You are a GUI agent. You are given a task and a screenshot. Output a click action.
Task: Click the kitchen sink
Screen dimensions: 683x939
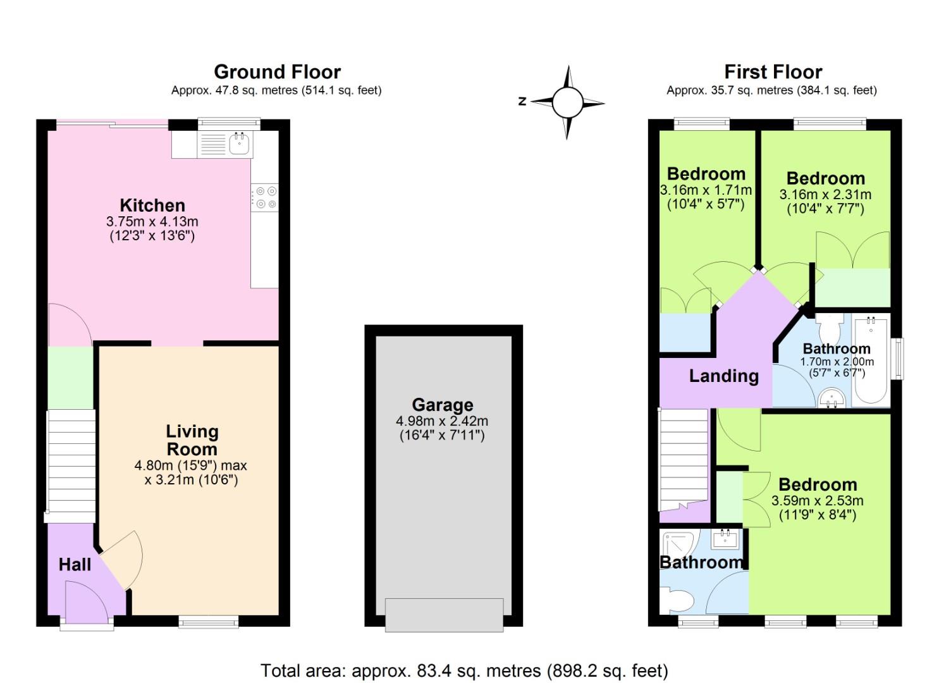(240, 144)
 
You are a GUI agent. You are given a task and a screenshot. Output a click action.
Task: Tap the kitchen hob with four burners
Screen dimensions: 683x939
(264, 196)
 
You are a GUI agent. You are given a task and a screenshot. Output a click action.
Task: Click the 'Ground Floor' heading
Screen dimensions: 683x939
(277, 71)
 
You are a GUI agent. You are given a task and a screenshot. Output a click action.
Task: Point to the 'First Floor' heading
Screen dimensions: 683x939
(773, 71)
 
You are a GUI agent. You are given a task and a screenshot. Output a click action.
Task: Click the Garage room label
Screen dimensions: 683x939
(442, 405)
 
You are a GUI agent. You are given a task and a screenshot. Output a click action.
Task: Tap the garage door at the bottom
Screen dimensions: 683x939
(445, 615)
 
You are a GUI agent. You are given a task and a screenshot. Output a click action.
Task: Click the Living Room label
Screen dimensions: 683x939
(192, 440)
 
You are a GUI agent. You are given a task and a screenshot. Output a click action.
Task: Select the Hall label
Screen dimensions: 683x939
(75, 564)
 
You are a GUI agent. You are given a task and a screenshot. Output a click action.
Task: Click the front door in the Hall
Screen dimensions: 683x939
(87, 604)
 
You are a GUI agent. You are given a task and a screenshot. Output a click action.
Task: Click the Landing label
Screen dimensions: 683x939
(723, 376)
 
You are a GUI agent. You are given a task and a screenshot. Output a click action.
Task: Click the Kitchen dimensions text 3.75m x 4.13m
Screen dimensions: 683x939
(152, 221)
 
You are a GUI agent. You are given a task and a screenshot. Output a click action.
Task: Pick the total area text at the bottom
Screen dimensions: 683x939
(464, 670)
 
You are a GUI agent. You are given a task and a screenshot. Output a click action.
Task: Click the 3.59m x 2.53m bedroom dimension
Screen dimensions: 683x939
(817, 501)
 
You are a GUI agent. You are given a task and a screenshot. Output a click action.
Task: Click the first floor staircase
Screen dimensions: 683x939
(684, 458)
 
